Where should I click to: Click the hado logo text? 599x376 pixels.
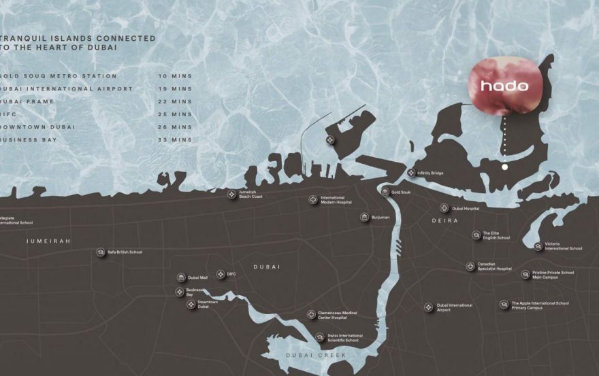504,86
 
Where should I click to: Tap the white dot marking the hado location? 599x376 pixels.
504,167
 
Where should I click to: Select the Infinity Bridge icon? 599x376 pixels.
411,173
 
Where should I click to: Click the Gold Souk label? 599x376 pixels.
401,192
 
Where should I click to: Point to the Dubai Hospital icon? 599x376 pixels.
444,208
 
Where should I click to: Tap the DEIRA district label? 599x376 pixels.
444,221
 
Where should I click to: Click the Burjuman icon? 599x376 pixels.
365,218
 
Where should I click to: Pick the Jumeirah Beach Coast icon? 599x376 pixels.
232,194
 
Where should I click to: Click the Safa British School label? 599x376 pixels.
125,252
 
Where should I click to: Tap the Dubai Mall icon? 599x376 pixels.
181,277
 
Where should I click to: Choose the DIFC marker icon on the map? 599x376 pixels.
221,274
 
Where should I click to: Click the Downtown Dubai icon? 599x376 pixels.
191,304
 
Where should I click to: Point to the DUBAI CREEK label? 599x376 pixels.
316,356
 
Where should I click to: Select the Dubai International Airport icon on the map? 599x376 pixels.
428,307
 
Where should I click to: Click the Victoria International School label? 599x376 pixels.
564,246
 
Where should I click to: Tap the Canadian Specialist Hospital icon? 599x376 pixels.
470,267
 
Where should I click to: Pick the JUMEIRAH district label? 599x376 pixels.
48,241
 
